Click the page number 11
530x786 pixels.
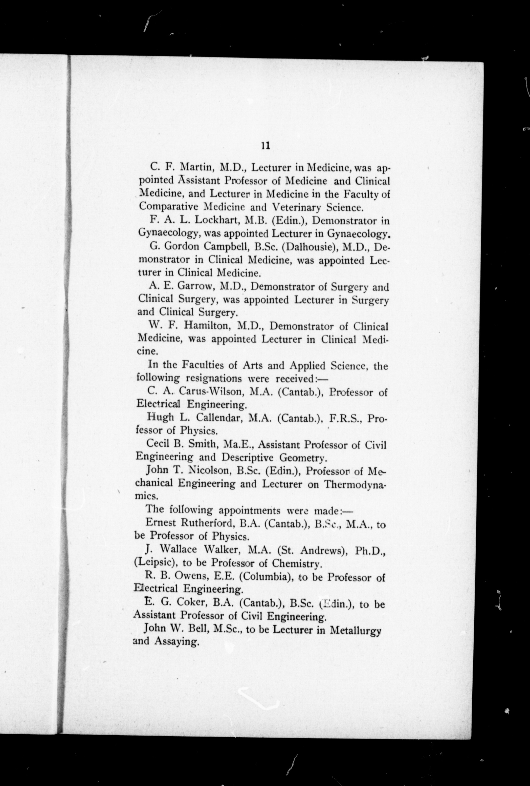(x=265, y=145)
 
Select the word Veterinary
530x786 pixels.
(x=296, y=207)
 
